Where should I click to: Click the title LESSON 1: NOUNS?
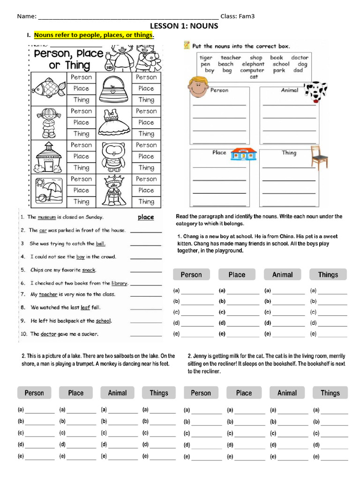(x=184, y=26)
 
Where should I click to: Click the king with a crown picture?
(x=112, y=190)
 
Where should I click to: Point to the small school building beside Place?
(x=241, y=154)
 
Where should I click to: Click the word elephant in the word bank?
(x=253, y=64)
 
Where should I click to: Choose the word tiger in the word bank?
(x=206, y=58)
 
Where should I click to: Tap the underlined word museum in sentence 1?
(x=46, y=217)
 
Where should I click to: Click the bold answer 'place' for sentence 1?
(x=146, y=217)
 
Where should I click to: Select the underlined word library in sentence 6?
(x=120, y=283)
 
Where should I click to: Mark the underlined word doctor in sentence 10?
(x=48, y=334)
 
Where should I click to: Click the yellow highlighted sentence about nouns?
(x=94, y=35)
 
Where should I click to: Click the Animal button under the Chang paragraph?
(x=282, y=275)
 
